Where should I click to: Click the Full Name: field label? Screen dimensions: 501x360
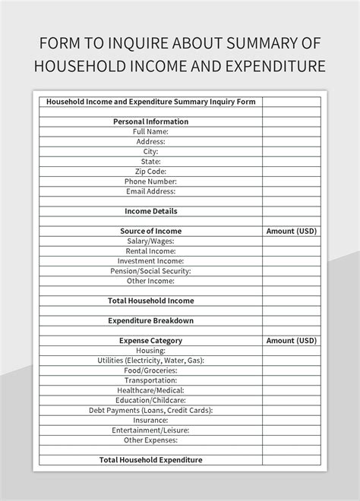coord(150,131)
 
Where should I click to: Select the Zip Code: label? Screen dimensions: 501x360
coord(150,172)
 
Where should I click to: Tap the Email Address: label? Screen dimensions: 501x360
coord(150,191)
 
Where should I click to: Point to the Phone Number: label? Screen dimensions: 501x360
coord(150,181)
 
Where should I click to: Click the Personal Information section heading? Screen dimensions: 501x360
coord(150,121)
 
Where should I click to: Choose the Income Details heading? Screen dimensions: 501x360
coord(150,211)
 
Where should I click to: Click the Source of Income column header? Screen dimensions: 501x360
coord(150,231)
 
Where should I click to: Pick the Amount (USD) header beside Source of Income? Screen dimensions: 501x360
coord(292,231)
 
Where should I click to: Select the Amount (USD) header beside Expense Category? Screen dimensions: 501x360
coord(292,341)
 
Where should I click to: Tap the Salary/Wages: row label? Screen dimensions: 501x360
coord(150,241)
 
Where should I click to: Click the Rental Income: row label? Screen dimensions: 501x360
coord(150,250)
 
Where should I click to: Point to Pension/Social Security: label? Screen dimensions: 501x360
coord(150,271)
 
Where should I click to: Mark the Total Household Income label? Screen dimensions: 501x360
coord(150,301)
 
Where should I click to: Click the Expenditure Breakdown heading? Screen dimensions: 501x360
coord(150,320)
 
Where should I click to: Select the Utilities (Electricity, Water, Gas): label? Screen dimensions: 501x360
coord(150,361)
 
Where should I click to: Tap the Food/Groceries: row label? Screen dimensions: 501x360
coord(150,370)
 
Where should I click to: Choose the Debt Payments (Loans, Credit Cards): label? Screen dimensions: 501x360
coord(150,410)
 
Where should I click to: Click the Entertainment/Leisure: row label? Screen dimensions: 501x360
coord(150,430)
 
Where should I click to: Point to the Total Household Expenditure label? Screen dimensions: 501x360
coord(150,460)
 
